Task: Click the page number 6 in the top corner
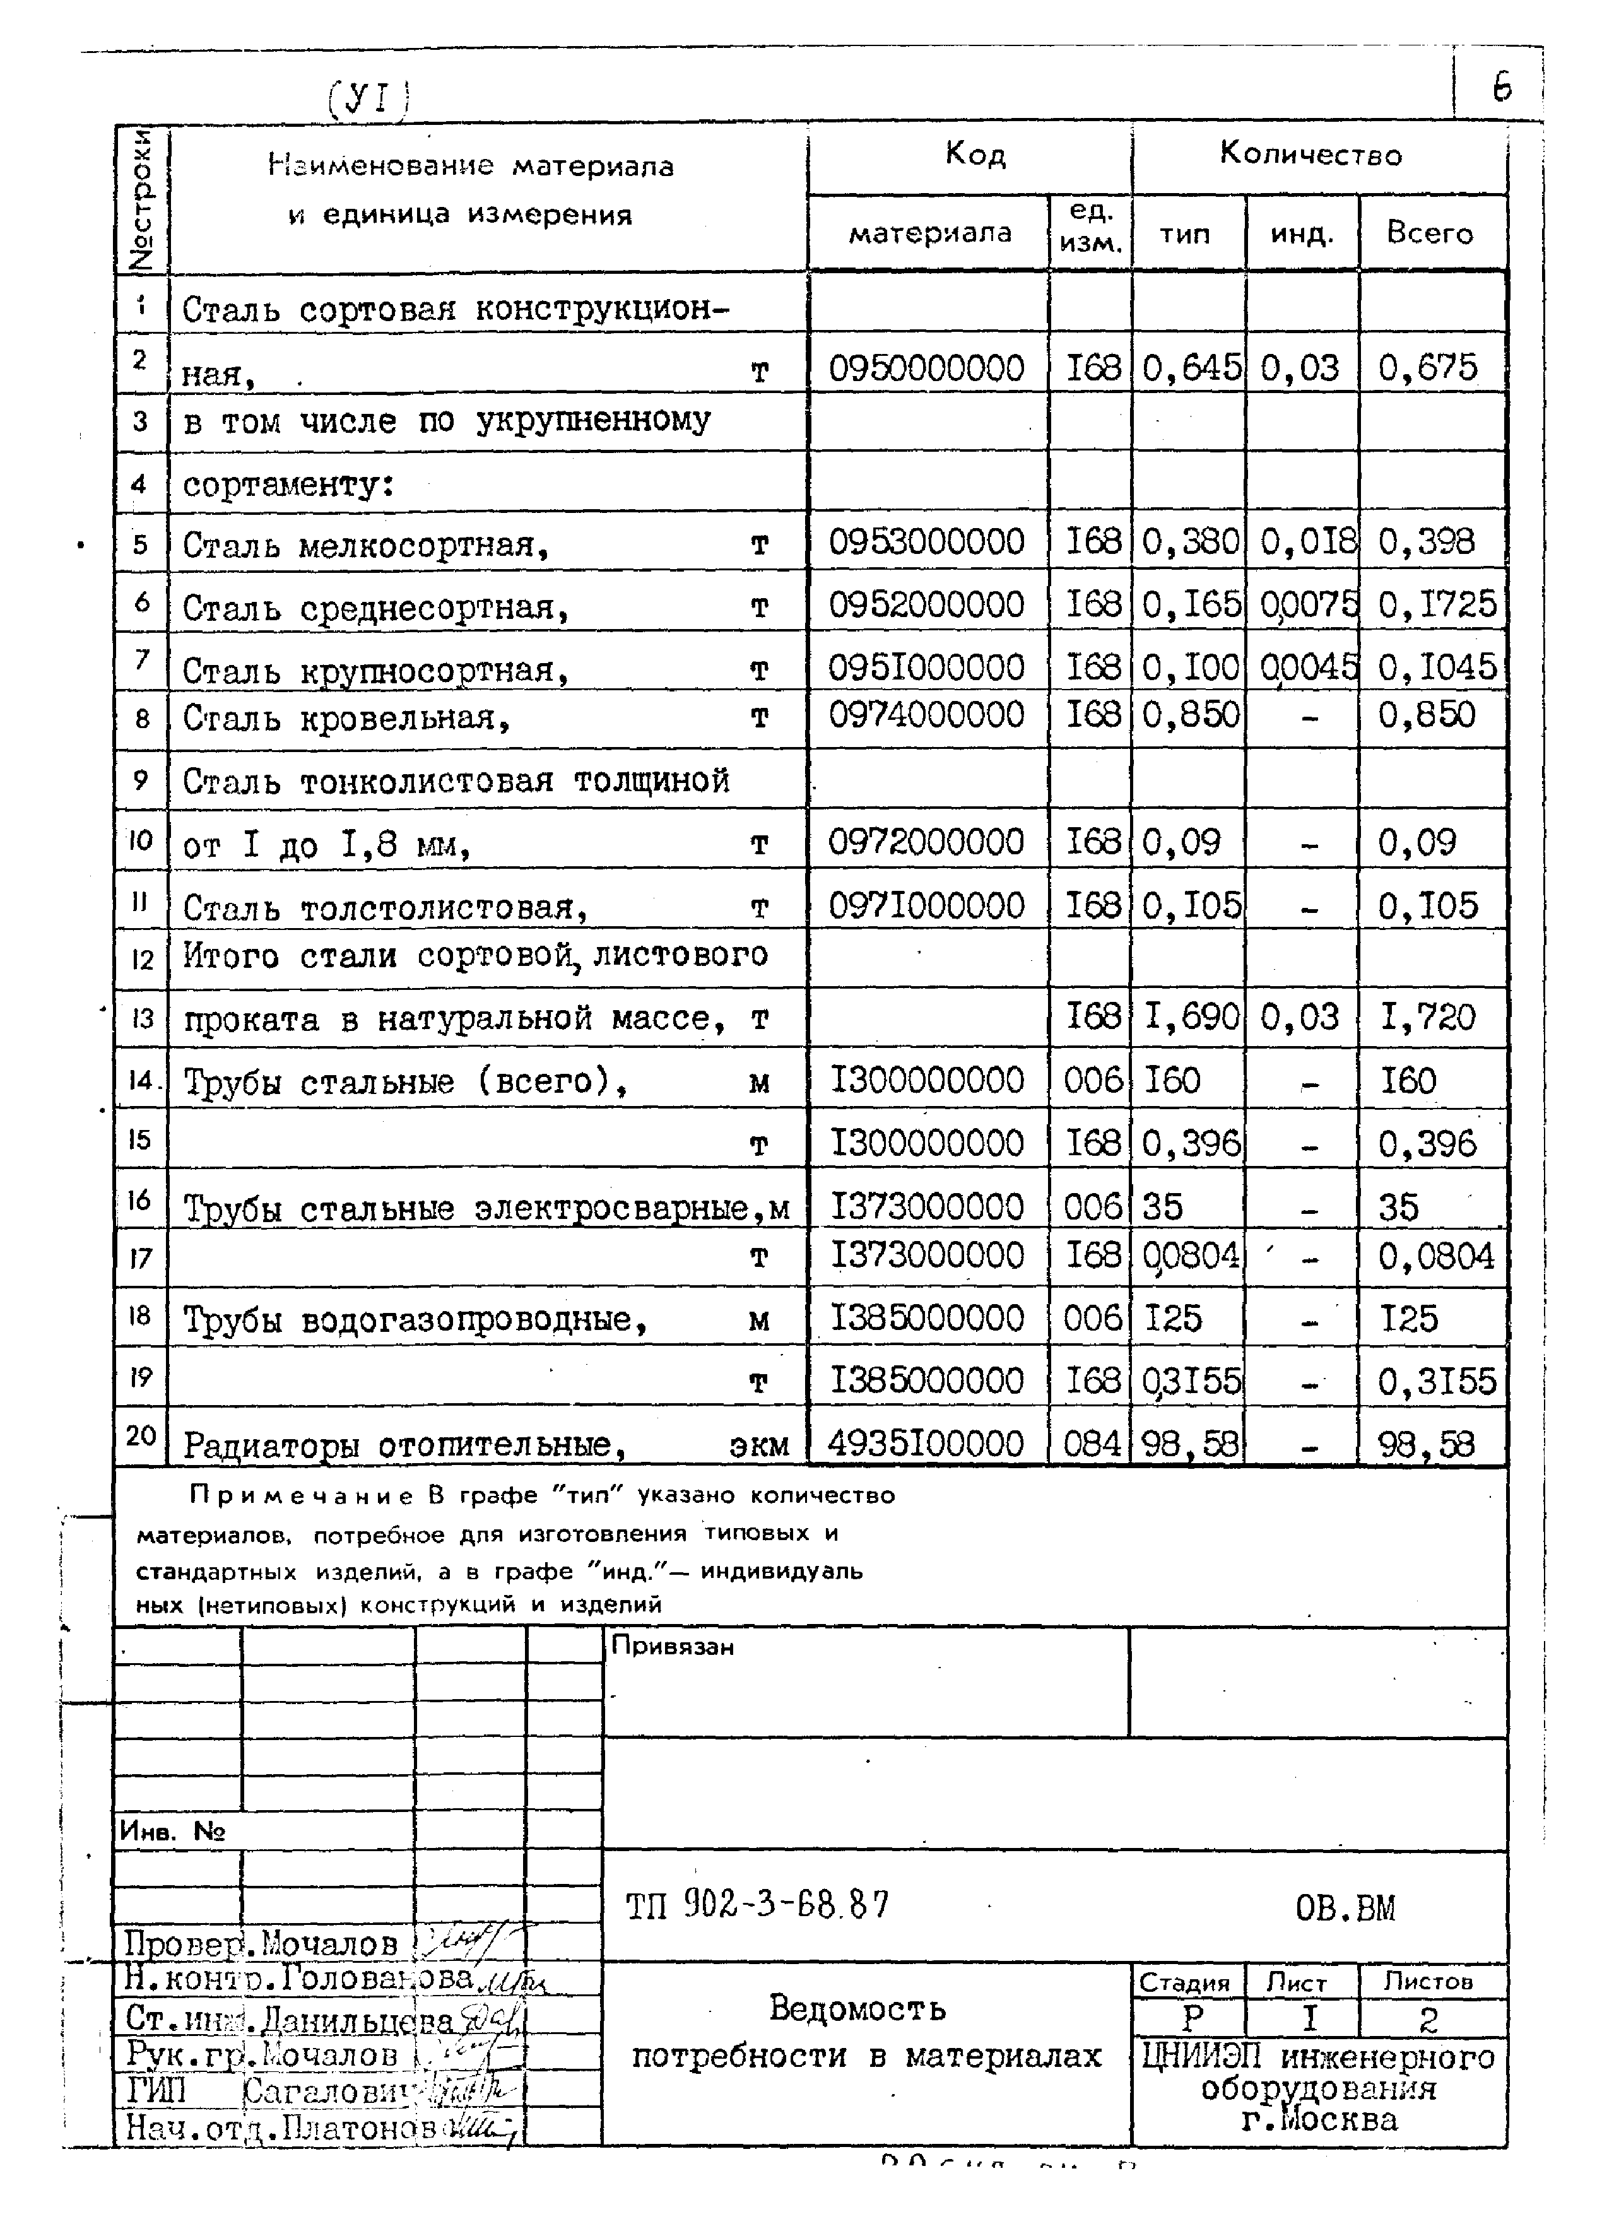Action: tap(1500, 89)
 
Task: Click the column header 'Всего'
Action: tap(1430, 233)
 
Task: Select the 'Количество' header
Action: tap(1310, 155)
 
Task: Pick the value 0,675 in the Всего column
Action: tap(1427, 368)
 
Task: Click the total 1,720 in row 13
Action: tap(1427, 1016)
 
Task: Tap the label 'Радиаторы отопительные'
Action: tap(405, 1445)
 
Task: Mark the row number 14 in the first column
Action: tap(141, 1081)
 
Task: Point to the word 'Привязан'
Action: tap(673, 1647)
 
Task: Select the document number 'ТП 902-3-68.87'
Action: tap(757, 1905)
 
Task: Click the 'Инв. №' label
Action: tap(172, 1832)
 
